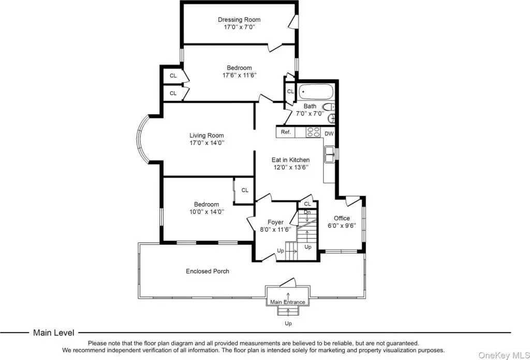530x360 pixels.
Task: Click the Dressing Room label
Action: click(239, 20)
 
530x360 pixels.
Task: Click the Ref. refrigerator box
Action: click(286, 132)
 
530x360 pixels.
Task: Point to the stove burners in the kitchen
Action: click(313, 132)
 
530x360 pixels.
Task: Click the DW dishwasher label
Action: click(329, 134)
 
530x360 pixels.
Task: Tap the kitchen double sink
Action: click(330, 154)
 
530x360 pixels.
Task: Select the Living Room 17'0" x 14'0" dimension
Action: click(207, 143)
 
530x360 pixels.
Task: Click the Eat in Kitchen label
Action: click(290, 160)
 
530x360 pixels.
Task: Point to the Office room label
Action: click(342, 218)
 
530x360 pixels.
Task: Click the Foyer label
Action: click(275, 222)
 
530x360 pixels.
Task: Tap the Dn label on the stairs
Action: click(307, 212)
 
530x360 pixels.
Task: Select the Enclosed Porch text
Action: click(208, 271)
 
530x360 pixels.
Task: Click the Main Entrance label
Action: click(288, 302)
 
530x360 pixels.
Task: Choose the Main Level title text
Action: click(53, 333)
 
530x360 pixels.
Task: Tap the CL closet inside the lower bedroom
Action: click(245, 190)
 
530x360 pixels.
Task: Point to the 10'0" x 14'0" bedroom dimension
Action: click(207, 212)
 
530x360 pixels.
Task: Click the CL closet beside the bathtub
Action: click(290, 91)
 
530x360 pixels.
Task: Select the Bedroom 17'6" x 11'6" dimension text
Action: click(239, 75)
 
